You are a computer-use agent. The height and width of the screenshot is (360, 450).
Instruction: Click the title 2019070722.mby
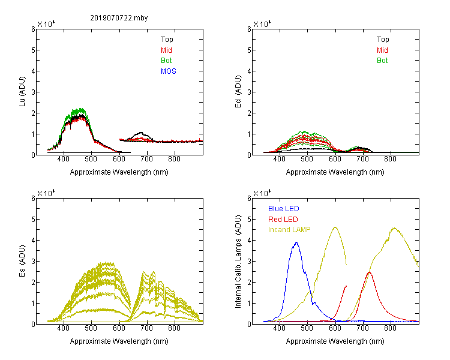coord(119,18)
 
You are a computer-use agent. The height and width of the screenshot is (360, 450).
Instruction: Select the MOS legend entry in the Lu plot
coord(169,71)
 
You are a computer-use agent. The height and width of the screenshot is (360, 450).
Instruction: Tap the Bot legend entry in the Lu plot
coord(166,61)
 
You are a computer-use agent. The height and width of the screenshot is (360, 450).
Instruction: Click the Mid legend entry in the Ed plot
coord(382,50)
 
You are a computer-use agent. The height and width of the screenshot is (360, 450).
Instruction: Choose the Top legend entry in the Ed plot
coord(383,40)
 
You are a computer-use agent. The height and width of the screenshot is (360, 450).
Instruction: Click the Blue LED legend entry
coord(284,209)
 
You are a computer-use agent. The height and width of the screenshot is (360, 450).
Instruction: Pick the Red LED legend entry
coord(283,220)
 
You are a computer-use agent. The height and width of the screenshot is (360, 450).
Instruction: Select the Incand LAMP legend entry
coord(289,230)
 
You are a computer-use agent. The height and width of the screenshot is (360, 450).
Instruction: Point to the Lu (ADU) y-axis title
coord(22,91)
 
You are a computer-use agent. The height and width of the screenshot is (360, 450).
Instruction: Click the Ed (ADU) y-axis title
coord(238,91)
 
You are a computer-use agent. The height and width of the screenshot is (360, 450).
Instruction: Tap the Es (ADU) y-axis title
coord(22,260)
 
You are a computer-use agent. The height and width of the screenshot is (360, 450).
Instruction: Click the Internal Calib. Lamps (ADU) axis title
coord(238,262)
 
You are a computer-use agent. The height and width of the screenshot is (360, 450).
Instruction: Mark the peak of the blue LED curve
coord(296,242)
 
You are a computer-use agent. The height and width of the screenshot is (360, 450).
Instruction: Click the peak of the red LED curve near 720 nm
coord(370,272)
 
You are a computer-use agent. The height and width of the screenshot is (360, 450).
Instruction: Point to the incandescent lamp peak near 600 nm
coord(335,227)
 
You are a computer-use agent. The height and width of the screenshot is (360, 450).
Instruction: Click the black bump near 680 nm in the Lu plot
coord(140,133)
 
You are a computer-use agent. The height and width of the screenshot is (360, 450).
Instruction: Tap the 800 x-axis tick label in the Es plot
coord(174,328)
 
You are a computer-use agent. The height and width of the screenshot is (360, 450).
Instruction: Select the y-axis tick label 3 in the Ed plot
coord(250,92)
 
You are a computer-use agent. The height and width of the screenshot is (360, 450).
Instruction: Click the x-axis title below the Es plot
coord(119,341)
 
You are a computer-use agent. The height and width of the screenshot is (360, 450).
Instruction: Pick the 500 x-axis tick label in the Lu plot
coord(91,159)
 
